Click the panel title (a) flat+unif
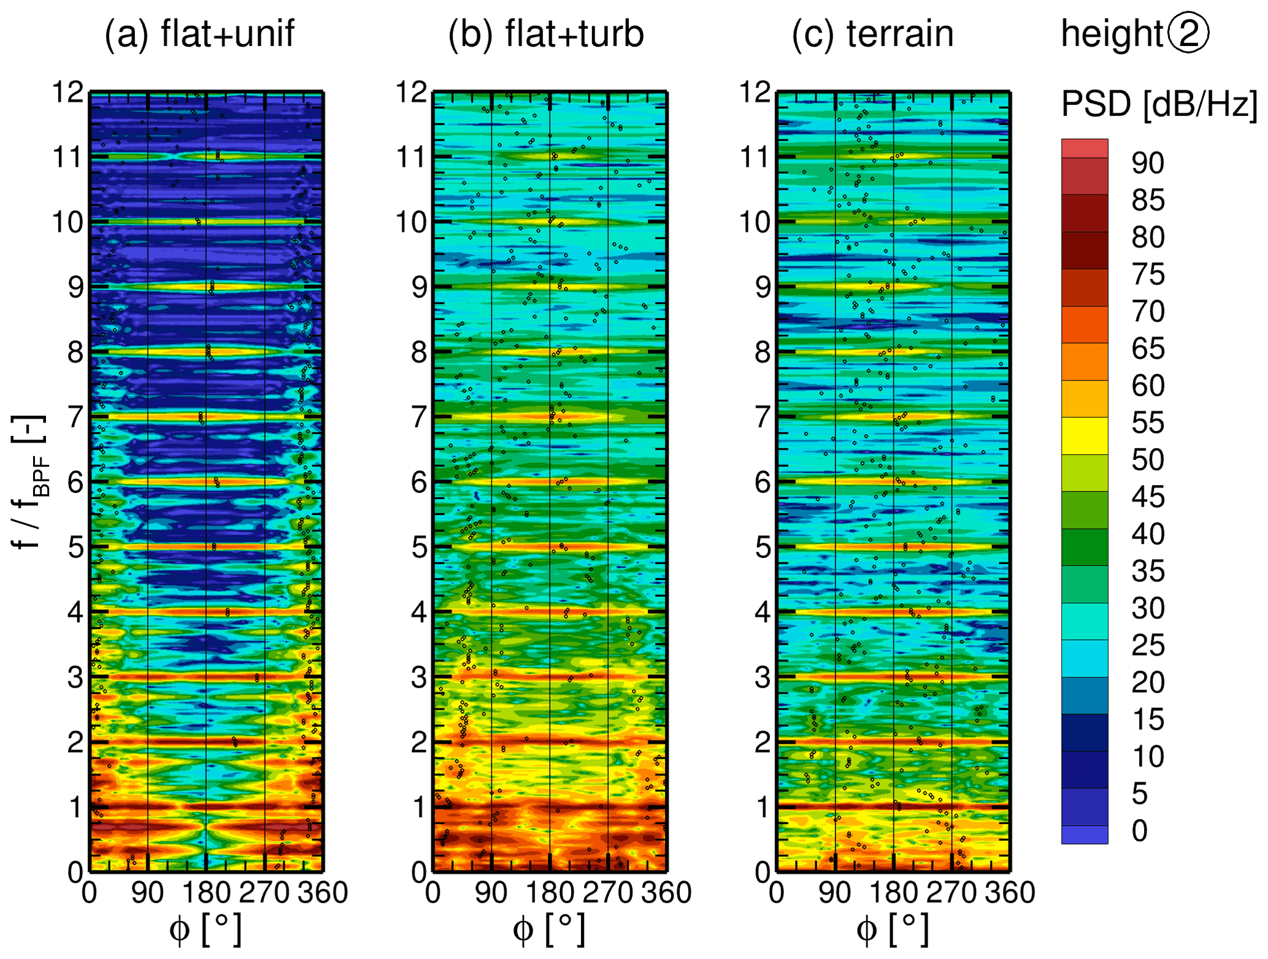pyautogui.click(x=199, y=34)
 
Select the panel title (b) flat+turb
pyautogui.click(x=545, y=34)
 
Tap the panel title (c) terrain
pyautogui.click(x=872, y=34)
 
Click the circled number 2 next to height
pyautogui.click(x=1188, y=33)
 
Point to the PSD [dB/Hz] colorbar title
pyautogui.click(x=1159, y=104)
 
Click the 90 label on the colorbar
pyautogui.click(x=1148, y=163)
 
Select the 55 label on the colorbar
pyautogui.click(x=1148, y=423)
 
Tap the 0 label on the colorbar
pyautogui.click(x=1140, y=831)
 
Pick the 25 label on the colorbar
pyautogui.click(x=1148, y=645)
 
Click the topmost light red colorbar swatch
pyautogui.click(x=1085, y=149)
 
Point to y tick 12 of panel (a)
pyautogui.click(x=67, y=93)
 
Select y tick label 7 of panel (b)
pyautogui.click(x=419, y=417)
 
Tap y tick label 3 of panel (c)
pyautogui.click(x=763, y=678)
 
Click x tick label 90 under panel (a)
pyautogui.click(x=147, y=892)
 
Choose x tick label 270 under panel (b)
pyautogui.click(x=607, y=892)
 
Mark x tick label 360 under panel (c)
pyautogui.click(x=1010, y=892)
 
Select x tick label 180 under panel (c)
pyautogui.click(x=893, y=892)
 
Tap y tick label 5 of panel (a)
pyautogui.click(x=75, y=547)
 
